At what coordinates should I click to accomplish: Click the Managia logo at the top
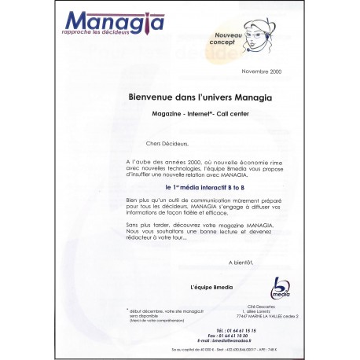[x=115, y=22]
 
